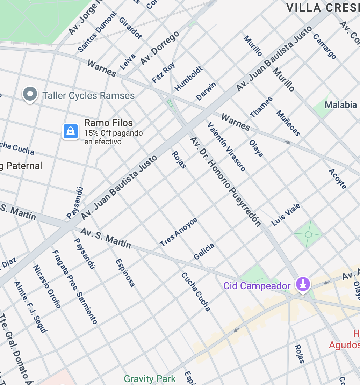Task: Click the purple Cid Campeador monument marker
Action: click(x=303, y=284)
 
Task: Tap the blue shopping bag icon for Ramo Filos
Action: click(x=71, y=131)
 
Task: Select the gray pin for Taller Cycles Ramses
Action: click(x=30, y=94)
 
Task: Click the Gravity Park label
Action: click(x=150, y=379)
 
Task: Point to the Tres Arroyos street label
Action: click(x=179, y=232)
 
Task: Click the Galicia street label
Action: click(x=204, y=252)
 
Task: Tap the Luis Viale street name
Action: click(x=286, y=215)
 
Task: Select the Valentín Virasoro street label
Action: click(x=226, y=146)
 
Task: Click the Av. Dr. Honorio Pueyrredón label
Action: click(x=225, y=182)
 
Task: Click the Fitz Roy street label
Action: click(x=164, y=73)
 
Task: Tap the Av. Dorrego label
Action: click(x=160, y=48)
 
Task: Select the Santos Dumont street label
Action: click(x=98, y=32)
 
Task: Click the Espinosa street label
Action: click(x=125, y=273)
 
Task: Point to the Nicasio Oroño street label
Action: click(x=47, y=286)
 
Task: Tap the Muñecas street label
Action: click(x=288, y=123)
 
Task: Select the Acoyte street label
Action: click(x=338, y=179)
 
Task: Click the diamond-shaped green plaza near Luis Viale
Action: click(x=308, y=234)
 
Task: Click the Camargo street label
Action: click(x=324, y=46)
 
